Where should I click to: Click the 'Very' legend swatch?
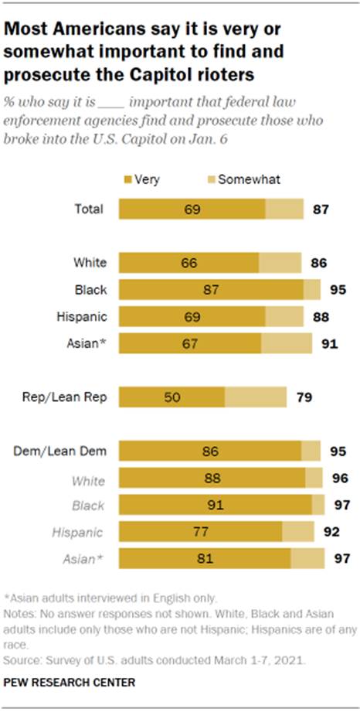tap(127, 179)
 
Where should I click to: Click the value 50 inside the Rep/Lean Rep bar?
tap(172, 398)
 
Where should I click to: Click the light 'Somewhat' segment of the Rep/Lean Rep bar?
tap(256, 398)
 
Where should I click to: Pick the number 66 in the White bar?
tap(188, 263)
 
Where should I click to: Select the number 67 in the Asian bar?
tap(190, 342)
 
